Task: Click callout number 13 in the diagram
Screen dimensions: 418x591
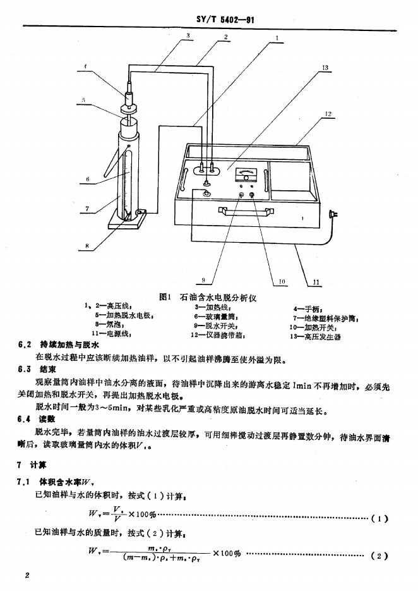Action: (325, 67)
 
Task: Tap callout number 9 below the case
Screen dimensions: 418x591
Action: (203, 279)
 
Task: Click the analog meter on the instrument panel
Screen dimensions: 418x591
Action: (246, 173)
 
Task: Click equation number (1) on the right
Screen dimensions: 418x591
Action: (379, 518)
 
